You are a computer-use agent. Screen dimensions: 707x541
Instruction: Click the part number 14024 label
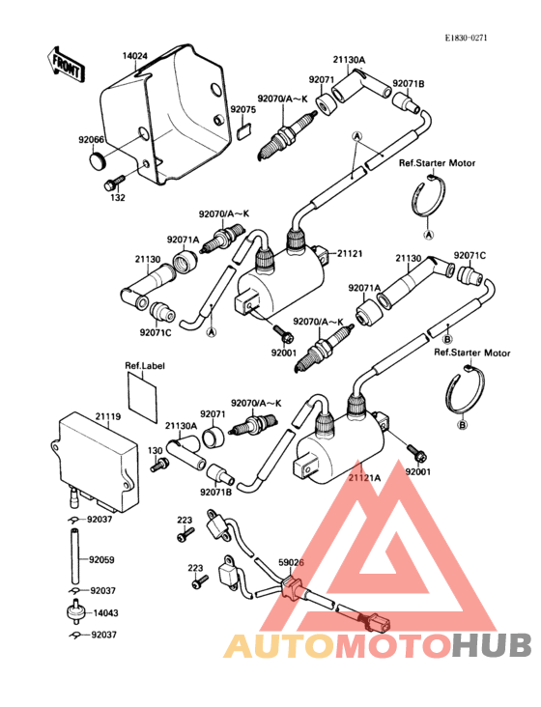[x=134, y=56]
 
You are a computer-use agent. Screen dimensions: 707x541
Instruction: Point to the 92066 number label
[x=92, y=139]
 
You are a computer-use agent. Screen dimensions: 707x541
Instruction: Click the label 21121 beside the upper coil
[x=348, y=253]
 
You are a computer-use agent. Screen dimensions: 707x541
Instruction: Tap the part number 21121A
[x=364, y=477]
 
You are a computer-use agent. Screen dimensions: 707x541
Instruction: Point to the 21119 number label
[x=107, y=415]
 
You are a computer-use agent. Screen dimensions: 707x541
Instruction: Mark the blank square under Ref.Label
[x=144, y=397]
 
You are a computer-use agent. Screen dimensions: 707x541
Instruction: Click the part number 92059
[x=101, y=559]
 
